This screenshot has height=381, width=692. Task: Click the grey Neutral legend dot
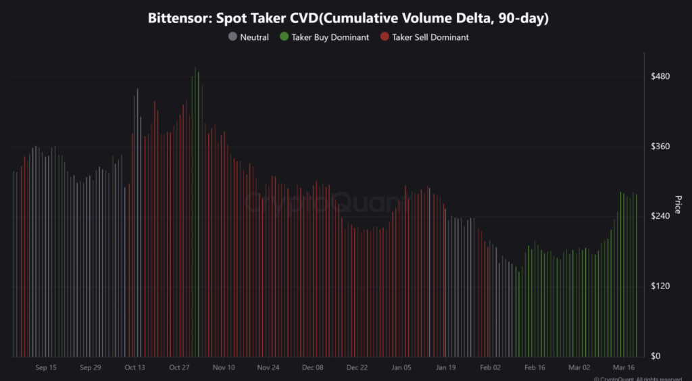tap(232, 37)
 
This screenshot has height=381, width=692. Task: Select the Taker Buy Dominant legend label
tap(330, 37)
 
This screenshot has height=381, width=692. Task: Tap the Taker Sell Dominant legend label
tap(430, 37)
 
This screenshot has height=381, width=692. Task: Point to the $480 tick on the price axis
tap(660, 76)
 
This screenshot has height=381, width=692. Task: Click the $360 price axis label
tap(660, 147)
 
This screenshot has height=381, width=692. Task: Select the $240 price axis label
tap(660, 216)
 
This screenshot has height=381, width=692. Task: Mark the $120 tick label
tap(660, 286)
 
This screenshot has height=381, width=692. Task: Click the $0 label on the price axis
tap(655, 356)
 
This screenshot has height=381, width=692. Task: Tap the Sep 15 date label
tap(45, 368)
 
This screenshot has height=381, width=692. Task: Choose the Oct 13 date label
tap(134, 368)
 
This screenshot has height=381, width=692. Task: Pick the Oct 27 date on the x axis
tap(179, 368)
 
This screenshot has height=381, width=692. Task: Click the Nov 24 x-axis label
tap(268, 368)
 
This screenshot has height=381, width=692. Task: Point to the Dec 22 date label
tap(357, 368)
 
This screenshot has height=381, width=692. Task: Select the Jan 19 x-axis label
tap(446, 368)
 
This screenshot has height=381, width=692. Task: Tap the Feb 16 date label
tap(535, 368)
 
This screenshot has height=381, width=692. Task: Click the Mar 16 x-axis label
tap(623, 368)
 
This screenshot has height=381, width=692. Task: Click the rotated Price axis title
tap(678, 205)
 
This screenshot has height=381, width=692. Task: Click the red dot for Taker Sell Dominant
tap(385, 37)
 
